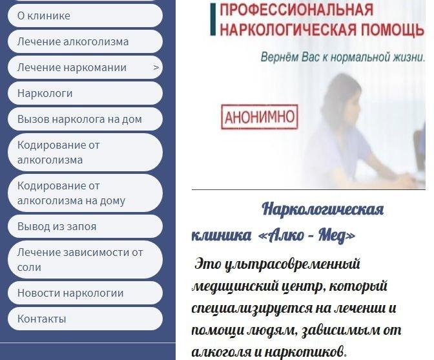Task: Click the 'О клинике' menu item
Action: (85, 16)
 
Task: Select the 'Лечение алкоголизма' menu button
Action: (85, 41)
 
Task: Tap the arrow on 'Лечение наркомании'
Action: (156, 68)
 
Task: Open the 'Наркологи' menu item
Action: (85, 93)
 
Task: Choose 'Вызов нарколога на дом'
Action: (85, 119)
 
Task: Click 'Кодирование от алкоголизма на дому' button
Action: (85, 193)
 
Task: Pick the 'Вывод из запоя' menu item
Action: (85, 226)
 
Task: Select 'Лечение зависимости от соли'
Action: (85, 260)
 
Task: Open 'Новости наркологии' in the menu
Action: (85, 293)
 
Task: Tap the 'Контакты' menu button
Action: (85, 319)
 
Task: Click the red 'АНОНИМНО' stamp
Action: (260, 117)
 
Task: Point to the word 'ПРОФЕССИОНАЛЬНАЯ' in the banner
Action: (296, 10)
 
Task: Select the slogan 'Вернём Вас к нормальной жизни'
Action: (343, 58)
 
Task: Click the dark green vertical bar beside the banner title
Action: (213, 19)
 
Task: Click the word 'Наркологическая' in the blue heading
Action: (323, 209)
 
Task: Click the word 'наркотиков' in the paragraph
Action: (305, 352)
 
